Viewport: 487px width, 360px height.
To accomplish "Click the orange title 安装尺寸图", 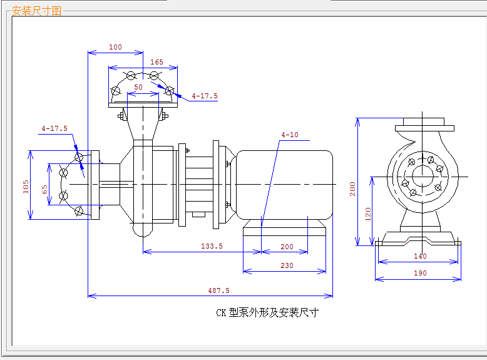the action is tap(36, 11).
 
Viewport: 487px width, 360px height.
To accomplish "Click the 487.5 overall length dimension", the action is tap(218, 291).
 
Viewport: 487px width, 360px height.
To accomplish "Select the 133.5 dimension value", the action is tap(212, 246).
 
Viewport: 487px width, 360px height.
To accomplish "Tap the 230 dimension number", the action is tap(287, 265).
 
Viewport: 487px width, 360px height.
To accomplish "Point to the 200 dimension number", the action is tap(287, 247).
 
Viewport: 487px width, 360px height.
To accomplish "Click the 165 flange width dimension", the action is tap(156, 62).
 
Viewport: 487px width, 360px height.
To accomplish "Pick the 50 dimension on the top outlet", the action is tap(138, 87).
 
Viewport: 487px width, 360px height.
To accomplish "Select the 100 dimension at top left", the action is tap(115, 47).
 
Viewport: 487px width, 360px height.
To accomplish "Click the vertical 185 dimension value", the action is tap(26, 187).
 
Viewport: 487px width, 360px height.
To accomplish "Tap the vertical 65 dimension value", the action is tap(44, 189).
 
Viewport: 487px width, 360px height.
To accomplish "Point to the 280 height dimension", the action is tap(352, 189).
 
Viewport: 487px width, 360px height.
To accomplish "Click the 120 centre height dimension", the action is tap(368, 214).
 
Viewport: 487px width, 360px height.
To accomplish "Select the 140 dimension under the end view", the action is tap(420, 256).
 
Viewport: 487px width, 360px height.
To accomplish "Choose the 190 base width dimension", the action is tap(420, 273).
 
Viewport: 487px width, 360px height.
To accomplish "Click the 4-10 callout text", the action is tap(289, 135).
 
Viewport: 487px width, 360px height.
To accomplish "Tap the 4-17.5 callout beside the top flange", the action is tap(204, 96).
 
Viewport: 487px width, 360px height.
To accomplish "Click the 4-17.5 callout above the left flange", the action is tap(54, 128).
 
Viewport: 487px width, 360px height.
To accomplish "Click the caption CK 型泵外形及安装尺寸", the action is tap(267, 312).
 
